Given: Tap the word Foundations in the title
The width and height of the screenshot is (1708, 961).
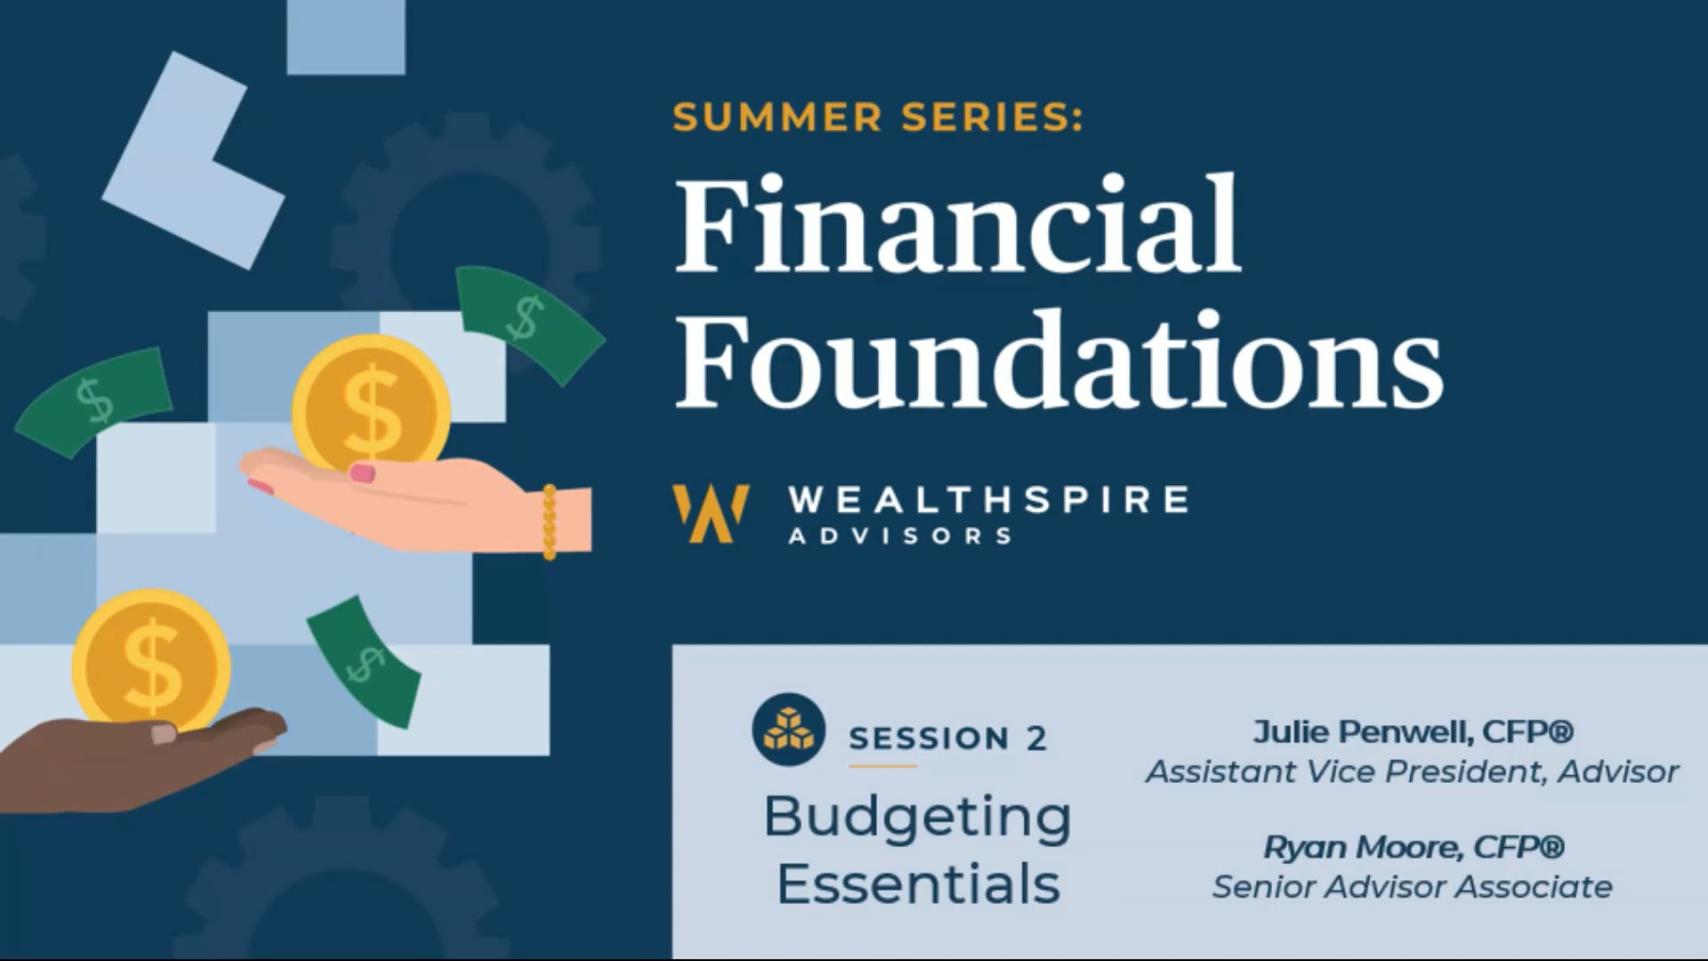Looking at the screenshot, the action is (x=1059, y=360).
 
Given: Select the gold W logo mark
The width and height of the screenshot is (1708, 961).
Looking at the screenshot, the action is (x=711, y=513).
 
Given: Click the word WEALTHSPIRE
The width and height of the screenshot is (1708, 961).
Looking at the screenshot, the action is (x=988, y=499).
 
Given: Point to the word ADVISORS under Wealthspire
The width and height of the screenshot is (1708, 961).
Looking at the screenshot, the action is (x=900, y=536).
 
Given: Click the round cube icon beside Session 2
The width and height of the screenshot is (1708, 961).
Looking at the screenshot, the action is (x=788, y=730).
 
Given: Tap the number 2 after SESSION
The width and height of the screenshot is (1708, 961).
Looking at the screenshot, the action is (x=1036, y=739).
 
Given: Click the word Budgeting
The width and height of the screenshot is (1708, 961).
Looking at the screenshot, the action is (x=918, y=819).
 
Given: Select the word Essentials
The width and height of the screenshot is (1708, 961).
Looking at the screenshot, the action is (x=919, y=884).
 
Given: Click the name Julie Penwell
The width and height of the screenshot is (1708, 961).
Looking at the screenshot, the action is (x=1362, y=732).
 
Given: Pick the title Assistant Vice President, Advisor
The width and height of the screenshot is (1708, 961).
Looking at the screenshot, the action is (x=1412, y=771).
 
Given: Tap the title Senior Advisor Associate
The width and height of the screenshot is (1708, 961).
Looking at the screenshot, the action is (x=1412, y=887).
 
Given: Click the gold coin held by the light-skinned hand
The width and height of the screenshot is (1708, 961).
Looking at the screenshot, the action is (x=371, y=406).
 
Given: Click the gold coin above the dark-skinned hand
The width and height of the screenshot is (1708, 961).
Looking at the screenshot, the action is (x=151, y=659).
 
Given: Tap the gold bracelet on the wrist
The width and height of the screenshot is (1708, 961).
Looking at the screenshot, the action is (x=549, y=522).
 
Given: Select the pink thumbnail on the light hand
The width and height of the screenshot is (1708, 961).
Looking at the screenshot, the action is (x=362, y=472).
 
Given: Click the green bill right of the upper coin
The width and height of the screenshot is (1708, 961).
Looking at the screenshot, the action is (x=530, y=322).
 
